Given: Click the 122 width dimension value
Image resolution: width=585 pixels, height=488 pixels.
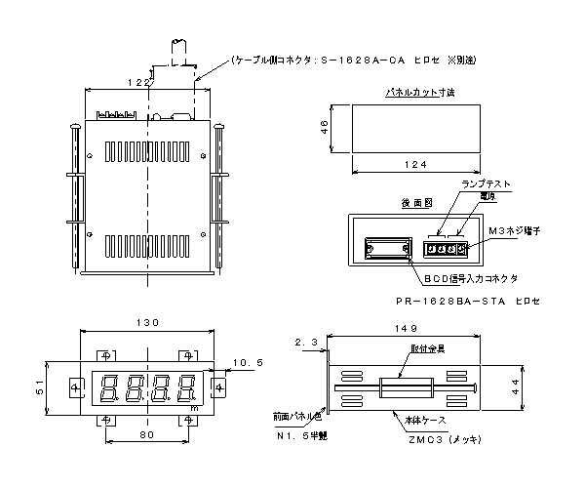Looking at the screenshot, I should pos(139,85).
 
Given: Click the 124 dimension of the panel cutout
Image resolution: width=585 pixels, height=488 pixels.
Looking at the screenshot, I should pos(416,164).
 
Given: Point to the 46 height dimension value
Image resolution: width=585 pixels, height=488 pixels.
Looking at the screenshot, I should pos(326,127).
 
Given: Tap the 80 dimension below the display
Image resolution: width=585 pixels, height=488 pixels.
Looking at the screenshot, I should pos(145,434).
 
